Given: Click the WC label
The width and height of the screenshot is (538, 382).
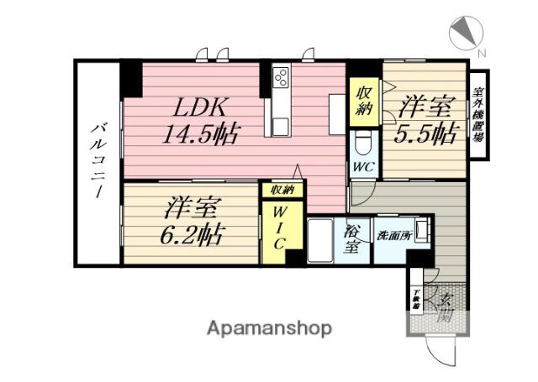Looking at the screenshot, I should point(363,166).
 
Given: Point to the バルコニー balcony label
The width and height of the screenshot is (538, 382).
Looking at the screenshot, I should point(98,160).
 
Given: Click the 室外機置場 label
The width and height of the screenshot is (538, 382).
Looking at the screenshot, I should point(479,113).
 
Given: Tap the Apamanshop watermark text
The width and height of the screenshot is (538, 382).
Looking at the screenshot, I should point(269,328).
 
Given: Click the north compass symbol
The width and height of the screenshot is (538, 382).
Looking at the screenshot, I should point(466,32).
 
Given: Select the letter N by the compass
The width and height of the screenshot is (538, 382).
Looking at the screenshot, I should point(482,54).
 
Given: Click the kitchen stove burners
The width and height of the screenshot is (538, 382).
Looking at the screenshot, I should point(281,78).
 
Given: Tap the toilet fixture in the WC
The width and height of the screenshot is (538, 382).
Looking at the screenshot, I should point(363,141).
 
